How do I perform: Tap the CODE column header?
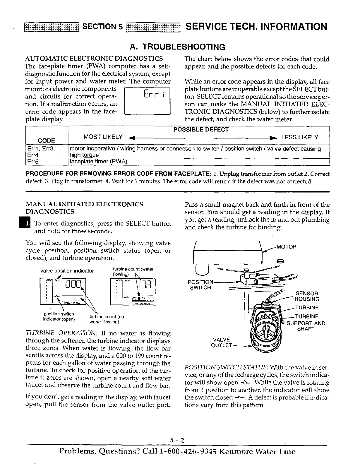[x=47, y=140]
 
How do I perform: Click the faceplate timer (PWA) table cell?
[x=99, y=161]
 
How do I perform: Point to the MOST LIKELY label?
[x=103, y=137]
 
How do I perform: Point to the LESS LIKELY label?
[x=299, y=137]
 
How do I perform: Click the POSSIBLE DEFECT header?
[x=201, y=129]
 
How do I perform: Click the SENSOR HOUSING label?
[x=306, y=296]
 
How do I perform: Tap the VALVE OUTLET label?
[x=221, y=342]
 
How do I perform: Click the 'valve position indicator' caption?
[x=67, y=271]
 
